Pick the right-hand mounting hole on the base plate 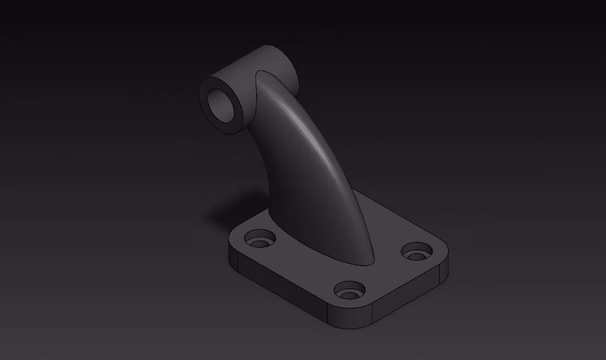click(416, 252)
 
